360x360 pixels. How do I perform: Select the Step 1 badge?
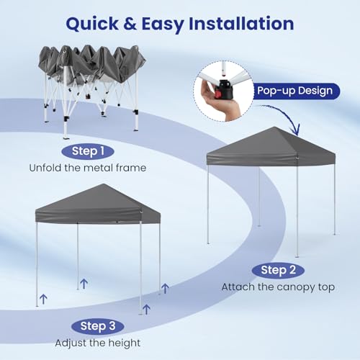93,151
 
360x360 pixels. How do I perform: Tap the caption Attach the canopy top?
278,287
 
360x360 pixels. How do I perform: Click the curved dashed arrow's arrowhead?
294,131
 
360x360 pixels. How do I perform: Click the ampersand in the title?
140,23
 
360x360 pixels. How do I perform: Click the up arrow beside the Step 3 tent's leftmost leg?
43,297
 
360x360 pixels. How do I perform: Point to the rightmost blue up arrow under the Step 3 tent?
165,289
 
